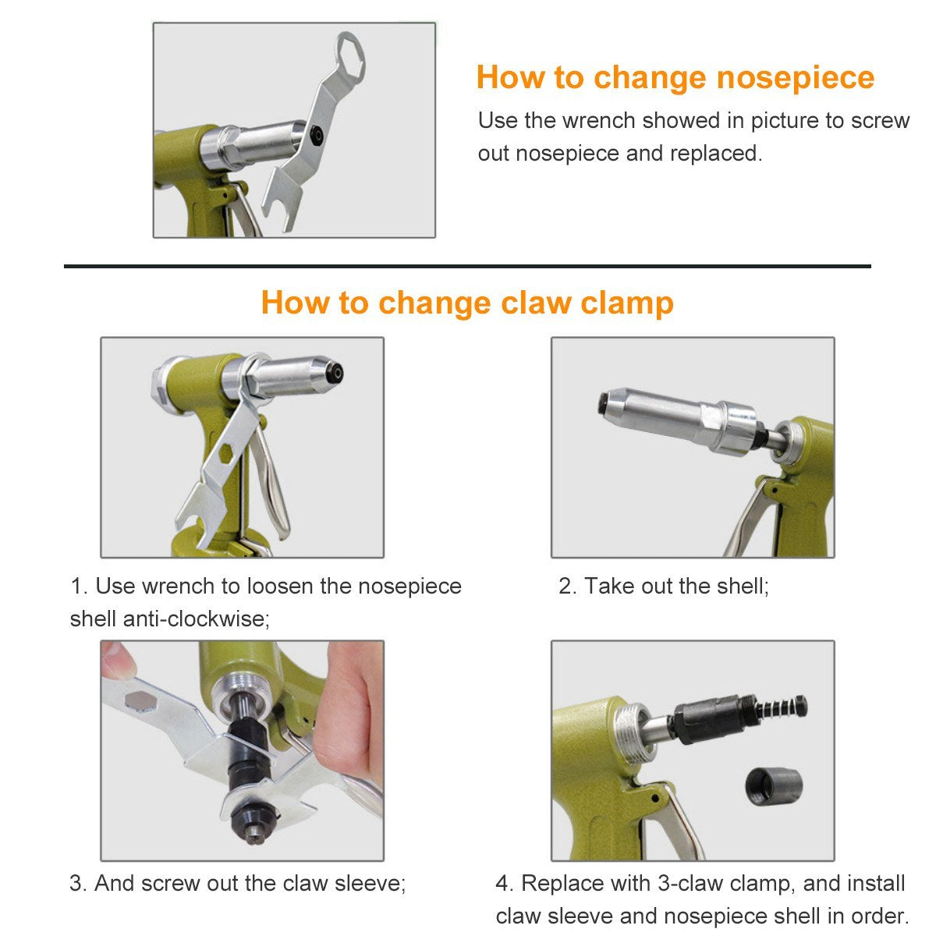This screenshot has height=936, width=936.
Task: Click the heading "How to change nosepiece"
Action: (675, 78)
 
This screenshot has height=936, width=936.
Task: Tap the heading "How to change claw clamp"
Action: (466, 303)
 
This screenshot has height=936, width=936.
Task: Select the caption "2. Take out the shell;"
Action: (663, 586)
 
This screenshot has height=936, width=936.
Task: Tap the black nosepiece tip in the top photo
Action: (315, 134)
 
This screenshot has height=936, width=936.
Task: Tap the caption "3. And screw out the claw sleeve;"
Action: (238, 884)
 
